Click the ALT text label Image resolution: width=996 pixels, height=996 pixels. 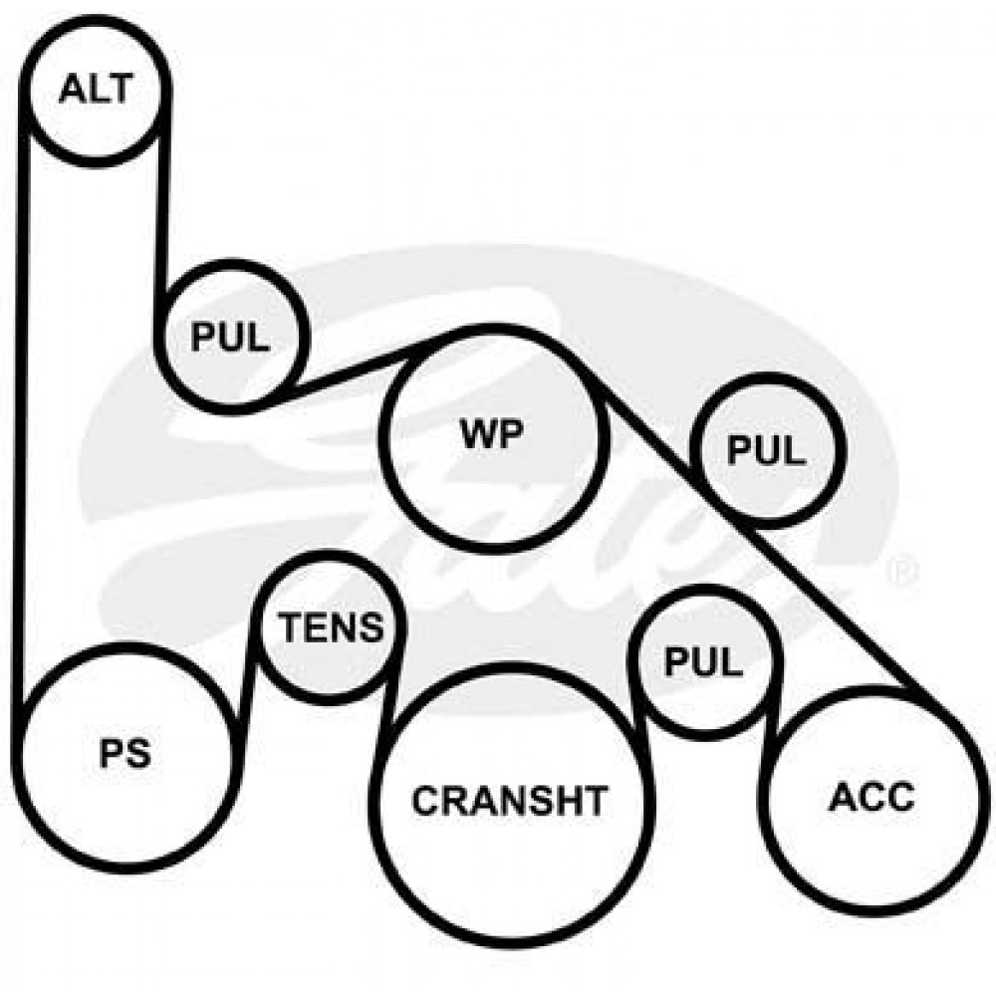96,89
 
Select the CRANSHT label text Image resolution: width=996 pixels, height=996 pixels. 509,801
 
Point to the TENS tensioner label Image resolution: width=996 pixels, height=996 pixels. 332,626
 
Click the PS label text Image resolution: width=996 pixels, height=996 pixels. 125,753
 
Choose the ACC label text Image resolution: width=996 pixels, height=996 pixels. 871,797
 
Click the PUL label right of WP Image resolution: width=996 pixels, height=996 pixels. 766,450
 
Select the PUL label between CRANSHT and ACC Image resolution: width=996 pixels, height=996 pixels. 703,661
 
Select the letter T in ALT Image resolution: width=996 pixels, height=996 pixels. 121,89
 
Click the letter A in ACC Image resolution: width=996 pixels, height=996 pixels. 843,797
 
